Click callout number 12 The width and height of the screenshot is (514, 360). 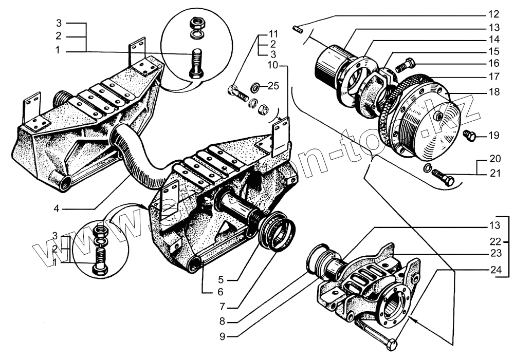coord(494,14)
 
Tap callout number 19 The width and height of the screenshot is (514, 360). coord(493,136)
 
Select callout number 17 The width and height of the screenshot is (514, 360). coord(494,77)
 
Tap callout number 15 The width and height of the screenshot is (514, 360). coord(494,51)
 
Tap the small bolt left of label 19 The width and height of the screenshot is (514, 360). coord(469,135)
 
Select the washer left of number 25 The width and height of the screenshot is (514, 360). coord(255,86)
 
